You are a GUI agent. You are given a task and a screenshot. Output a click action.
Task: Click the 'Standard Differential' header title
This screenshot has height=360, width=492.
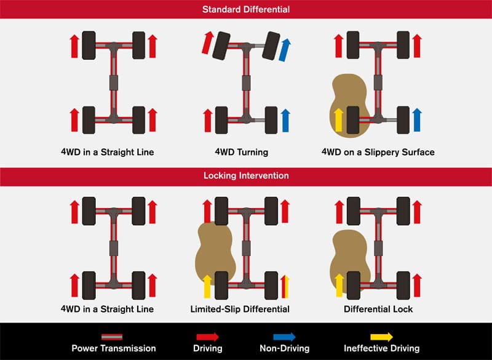pos(246,9)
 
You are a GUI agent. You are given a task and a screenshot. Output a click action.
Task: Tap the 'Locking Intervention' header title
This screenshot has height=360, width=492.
pos(246,175)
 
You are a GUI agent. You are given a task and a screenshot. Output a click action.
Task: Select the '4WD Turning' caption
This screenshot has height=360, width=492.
pos(241,152)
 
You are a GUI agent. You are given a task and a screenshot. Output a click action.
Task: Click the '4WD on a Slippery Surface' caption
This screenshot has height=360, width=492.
pos(378,152)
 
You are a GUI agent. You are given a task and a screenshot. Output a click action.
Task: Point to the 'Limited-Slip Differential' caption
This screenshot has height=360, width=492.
pos(240,309)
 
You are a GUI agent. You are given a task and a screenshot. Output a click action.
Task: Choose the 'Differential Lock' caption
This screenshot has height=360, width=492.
pos(378,309)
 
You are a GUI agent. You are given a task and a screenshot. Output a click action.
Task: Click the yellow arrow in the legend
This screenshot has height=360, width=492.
pos(381,337)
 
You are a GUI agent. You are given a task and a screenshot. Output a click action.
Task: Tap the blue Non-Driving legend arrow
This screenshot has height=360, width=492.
pos(284,337)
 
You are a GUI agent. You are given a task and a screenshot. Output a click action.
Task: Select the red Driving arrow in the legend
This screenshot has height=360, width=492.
pos(207,337)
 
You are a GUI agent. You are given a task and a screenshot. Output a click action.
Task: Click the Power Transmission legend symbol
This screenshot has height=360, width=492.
pos(112,337)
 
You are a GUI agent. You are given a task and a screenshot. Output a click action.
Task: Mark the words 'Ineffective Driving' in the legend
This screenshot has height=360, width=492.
pos(381,348)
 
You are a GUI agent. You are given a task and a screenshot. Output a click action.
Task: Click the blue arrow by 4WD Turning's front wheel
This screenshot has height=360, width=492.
pos(285,50)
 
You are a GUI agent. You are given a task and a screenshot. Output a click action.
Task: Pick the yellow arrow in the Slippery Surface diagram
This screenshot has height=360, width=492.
pos(338,120)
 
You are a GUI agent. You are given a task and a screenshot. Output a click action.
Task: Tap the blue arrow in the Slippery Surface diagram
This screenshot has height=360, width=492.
pos(417,120)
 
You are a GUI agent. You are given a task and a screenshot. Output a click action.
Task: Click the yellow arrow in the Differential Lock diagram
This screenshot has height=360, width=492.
pos(339,285)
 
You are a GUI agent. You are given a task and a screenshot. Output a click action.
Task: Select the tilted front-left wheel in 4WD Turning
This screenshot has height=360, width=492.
pos(221,46)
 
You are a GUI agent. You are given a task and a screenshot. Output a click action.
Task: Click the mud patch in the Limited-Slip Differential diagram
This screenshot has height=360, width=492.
pos(215,254)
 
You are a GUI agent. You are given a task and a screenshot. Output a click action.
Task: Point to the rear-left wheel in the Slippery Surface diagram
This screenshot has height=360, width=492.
pos(353,120)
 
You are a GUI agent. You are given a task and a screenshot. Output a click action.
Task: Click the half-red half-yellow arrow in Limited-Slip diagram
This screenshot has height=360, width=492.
pos(285,287)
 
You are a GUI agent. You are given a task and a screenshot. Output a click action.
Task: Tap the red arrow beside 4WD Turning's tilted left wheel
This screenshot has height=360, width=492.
pos(207,42)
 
